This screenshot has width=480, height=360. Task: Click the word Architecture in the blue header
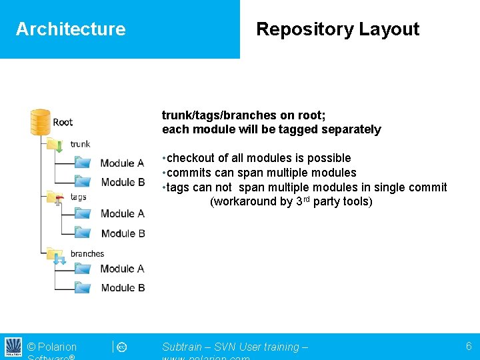[x=71, y=29]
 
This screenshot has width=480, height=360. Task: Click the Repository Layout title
[x=337, y=29]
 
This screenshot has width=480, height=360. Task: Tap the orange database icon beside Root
[x=41, y=122]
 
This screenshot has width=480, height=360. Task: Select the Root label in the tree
[x=63, y=122]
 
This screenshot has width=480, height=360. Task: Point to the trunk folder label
[x=80, y=144]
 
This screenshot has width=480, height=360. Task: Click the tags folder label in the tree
[x=78, y=197]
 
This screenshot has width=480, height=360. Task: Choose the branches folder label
[x=87, y=254]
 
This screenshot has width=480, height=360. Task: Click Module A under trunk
[x=122, y=163]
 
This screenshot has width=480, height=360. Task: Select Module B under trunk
[x=123, y=182]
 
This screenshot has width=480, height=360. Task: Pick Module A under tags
[x=122, y=214]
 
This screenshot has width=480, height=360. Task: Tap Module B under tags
[x=123, y=233]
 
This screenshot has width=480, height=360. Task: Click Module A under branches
[x=122, y=269]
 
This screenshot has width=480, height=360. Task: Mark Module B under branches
[x=123, y=288]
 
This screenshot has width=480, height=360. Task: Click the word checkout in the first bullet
[x=191, y=158]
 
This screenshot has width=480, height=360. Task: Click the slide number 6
[x=469, y=346]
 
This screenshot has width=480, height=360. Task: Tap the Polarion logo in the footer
[x=13, y=347]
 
